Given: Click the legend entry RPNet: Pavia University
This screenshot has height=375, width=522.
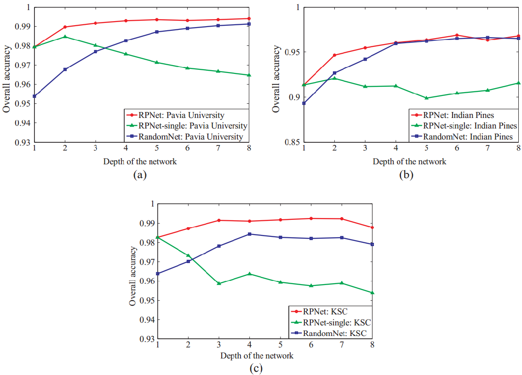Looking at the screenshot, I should point(181,115).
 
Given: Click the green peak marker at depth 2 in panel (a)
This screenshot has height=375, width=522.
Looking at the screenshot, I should point(65,37).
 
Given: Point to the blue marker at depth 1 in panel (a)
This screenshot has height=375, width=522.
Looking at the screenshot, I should point(34,96).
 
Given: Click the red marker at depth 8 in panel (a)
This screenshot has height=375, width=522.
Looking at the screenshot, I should point(249,18).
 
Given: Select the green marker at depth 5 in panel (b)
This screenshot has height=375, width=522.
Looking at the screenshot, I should point(426,98).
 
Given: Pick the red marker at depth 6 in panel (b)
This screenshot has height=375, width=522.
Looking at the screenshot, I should point(457,35).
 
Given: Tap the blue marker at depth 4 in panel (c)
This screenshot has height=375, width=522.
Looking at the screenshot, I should point(249,234).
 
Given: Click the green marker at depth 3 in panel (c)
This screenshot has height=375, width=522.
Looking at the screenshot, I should point(219,283).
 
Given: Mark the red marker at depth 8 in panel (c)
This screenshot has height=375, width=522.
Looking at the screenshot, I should point(372,227).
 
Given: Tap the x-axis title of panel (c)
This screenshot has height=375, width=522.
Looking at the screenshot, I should point(257,356).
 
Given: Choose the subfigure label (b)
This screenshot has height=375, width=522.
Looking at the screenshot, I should point(407,174).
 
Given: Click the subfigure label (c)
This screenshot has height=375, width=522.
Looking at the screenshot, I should point(256,368).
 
